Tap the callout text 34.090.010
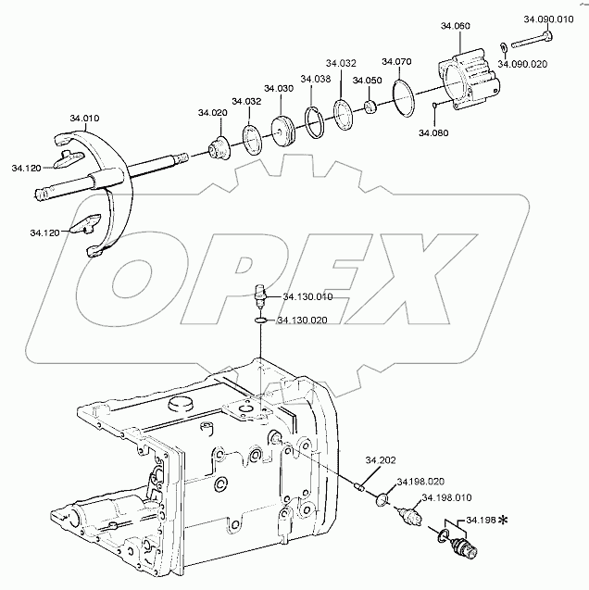pos(547,19)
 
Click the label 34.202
pos(380,460)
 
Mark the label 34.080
pos(432,133)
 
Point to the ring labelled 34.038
pos(315,120)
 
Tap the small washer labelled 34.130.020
pos(263,321)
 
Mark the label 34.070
pos(396,62)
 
